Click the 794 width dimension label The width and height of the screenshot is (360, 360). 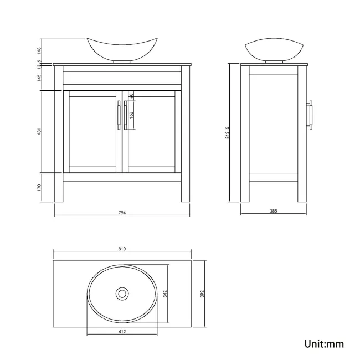point(122,214)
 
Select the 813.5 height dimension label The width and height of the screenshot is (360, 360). point(227,132)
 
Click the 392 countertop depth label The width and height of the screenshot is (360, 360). point(203,292)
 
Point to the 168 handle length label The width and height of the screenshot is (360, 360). point(131,115)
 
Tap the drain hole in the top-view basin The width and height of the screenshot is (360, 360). point(121,292)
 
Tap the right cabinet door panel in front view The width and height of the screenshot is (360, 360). point(152,131)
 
